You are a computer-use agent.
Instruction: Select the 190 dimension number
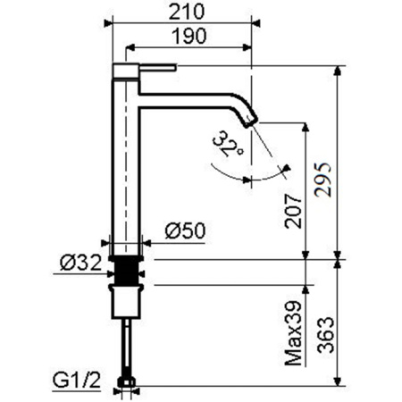[188, 36]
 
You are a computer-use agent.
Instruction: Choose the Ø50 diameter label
[186, 230]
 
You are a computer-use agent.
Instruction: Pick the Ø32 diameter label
[80, 263]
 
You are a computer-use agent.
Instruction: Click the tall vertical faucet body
[125, 161]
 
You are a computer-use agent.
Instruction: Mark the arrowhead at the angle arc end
[285, 168]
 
